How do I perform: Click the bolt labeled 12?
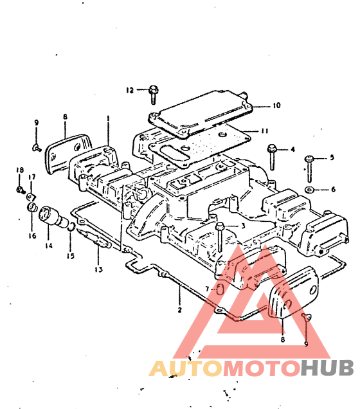(x=154, y=95)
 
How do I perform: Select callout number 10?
(x=276, y=105)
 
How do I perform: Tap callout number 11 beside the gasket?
(x=265, y=131)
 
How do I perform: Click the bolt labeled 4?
(x=272, y=157)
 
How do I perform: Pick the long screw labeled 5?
(x=309, y=168)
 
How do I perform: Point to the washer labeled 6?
(x=309, y=190)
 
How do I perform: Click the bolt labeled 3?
(x=220, y=237)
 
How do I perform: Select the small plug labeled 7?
(x=220, y=289)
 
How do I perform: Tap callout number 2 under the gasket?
(x=179, y=310)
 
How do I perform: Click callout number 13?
(x=98, y=269)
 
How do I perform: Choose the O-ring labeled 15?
(x=72, y=226)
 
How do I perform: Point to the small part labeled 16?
(x=32, y=207)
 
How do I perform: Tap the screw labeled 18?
(x=20, y=190)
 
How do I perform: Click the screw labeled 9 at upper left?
(x=37, y=148)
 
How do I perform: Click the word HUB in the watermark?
(x=327, y=367)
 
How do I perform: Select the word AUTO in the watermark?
(x=186, y=368)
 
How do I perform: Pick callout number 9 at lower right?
(x=306, y=344)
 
